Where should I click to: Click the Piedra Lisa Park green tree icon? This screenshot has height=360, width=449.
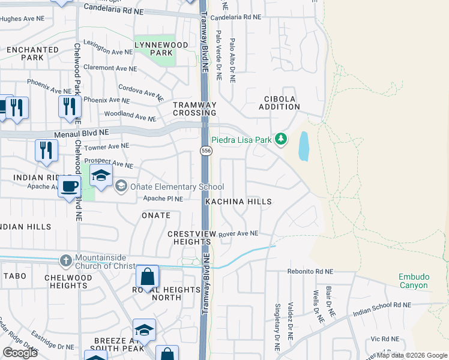(280, 140)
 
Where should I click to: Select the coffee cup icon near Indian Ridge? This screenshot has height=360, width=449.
(70, 185)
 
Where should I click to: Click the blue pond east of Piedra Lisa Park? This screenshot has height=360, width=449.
(304, 146)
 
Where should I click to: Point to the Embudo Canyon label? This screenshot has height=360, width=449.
(414, 281)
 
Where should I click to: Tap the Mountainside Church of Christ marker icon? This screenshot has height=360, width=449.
(66, 261)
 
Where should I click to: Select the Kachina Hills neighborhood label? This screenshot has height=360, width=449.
(238, 202)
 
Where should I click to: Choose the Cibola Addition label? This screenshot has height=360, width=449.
(279, 103)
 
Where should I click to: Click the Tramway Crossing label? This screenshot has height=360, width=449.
(194, 109)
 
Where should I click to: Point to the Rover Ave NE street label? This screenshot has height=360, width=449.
(238, 234)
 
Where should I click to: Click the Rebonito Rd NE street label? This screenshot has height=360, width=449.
(307, 271)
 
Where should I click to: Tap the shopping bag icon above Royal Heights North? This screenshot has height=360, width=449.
(147, 277)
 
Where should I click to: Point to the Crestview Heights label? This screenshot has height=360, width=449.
(189, 238)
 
